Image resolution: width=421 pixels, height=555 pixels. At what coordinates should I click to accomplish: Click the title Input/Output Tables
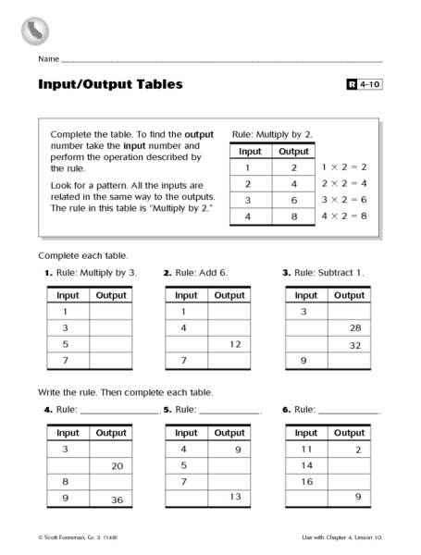110,85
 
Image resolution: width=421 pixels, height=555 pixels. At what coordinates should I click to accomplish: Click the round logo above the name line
35,31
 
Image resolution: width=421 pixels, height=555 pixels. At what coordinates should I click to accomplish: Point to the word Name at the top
48,59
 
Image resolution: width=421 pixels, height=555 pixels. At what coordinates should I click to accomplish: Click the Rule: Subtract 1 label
328,273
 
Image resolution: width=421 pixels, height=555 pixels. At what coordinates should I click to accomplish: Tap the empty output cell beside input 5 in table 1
111,344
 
